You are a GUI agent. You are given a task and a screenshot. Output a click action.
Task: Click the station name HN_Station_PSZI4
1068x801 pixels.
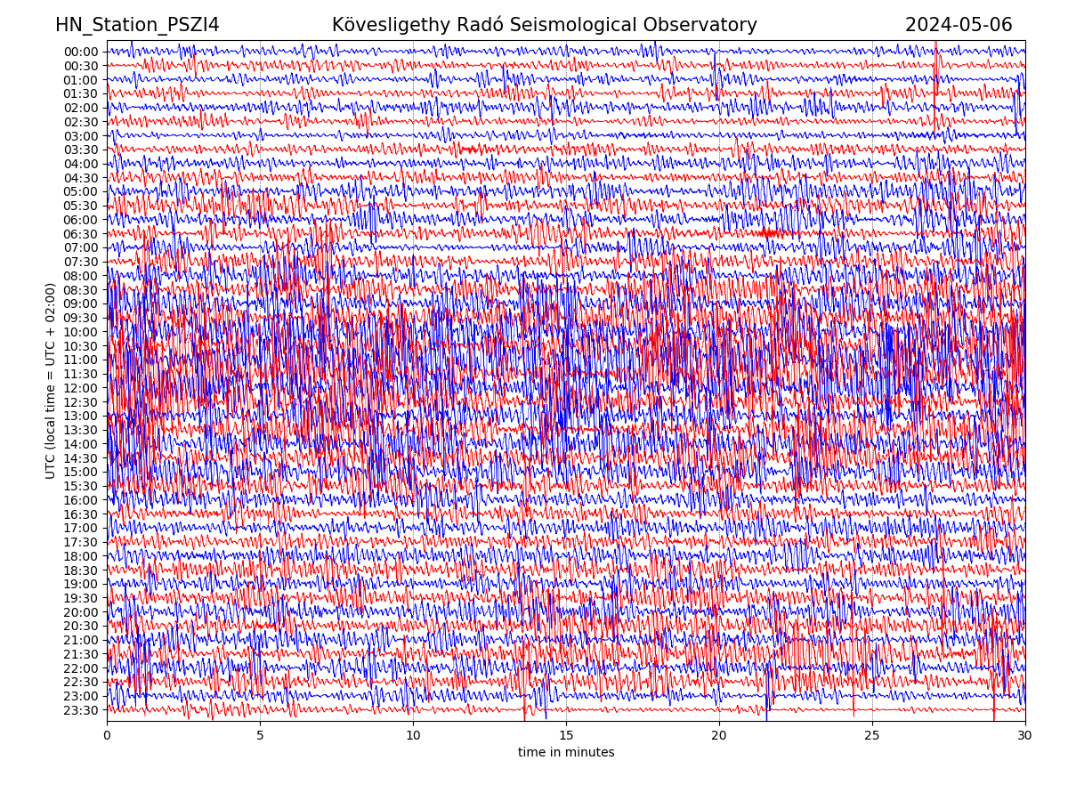click(x=137, y=25)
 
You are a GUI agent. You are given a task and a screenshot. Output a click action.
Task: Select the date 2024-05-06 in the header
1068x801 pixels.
click(x=959, y=25)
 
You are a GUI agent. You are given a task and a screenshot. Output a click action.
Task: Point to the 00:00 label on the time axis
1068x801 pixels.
click(x=81, y=52)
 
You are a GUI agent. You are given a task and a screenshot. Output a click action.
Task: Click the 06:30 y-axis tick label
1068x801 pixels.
click(x=81, y=234)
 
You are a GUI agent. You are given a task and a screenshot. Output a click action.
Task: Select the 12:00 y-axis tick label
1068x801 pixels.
click(x=81, y=388)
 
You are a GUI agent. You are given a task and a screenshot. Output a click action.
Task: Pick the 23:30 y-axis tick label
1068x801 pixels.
click(x=81, y=710)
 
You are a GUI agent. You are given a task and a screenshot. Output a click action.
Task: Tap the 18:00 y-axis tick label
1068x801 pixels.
click(x=81, y=556)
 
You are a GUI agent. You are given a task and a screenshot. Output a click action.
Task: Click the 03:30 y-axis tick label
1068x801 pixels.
click(x=81, y=150)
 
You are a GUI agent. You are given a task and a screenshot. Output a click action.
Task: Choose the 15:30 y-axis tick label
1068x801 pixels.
click(x=81, y=486)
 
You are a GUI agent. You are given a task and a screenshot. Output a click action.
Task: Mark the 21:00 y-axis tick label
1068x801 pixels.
click(x=81, y=640)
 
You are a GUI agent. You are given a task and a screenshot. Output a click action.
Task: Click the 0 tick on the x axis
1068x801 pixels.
click(x=107, y=736)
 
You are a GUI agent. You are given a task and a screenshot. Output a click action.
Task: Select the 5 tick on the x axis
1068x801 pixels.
click(x=260, y=736)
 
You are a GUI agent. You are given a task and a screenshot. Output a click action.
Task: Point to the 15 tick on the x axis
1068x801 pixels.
click(x=566, y=736)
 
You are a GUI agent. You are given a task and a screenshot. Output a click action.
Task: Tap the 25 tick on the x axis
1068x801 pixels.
click(x=872, y=736)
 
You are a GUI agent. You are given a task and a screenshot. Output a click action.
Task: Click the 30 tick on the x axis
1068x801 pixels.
click(x=1025, y=736)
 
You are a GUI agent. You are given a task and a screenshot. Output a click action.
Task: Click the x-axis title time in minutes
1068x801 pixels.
click(x=566, y=753)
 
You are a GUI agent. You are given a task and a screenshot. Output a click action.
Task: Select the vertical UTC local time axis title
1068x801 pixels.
click(x=51, y=381)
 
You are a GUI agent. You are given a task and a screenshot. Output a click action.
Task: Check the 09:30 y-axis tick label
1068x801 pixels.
click(x=81, y=318)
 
